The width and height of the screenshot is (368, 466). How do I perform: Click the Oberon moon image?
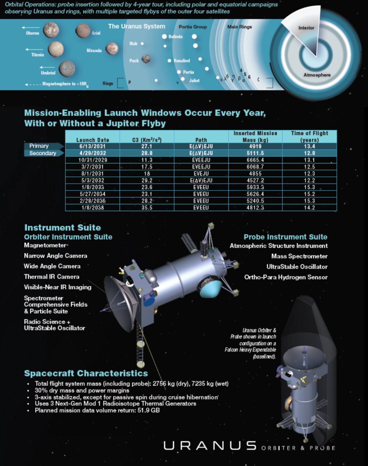tap(51, 30)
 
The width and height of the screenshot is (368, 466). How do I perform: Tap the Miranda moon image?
tap(112, 48)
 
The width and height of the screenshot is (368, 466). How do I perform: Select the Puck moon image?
tap(146, 59)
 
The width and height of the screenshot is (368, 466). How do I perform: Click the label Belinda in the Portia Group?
tap(176, 37)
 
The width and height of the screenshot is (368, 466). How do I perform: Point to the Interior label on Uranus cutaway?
tap(306, 28)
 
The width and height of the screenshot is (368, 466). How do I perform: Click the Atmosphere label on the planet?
tap(317, 75)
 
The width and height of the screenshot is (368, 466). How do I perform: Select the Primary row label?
tap(39, 146)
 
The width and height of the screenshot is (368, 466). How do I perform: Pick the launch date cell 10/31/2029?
tap(93, 160)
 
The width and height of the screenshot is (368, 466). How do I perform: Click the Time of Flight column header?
tap(309, 136)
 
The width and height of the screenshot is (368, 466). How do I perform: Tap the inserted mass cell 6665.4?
tap(255, 160)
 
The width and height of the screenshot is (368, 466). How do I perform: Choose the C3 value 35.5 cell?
tap(147, 208)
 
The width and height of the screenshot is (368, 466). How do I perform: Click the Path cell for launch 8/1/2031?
tap(201, 174)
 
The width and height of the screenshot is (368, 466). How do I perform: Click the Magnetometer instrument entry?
tap(45, 245)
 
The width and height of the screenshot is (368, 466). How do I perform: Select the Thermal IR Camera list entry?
tap(52, 277)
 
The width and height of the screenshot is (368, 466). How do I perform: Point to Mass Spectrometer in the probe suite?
tap(299, 256)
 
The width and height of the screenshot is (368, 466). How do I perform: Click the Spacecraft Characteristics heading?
tap(86, 373)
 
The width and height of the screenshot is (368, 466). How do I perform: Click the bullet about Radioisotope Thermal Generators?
tap(115, 404)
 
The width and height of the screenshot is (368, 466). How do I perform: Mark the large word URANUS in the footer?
tap(210, 446)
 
